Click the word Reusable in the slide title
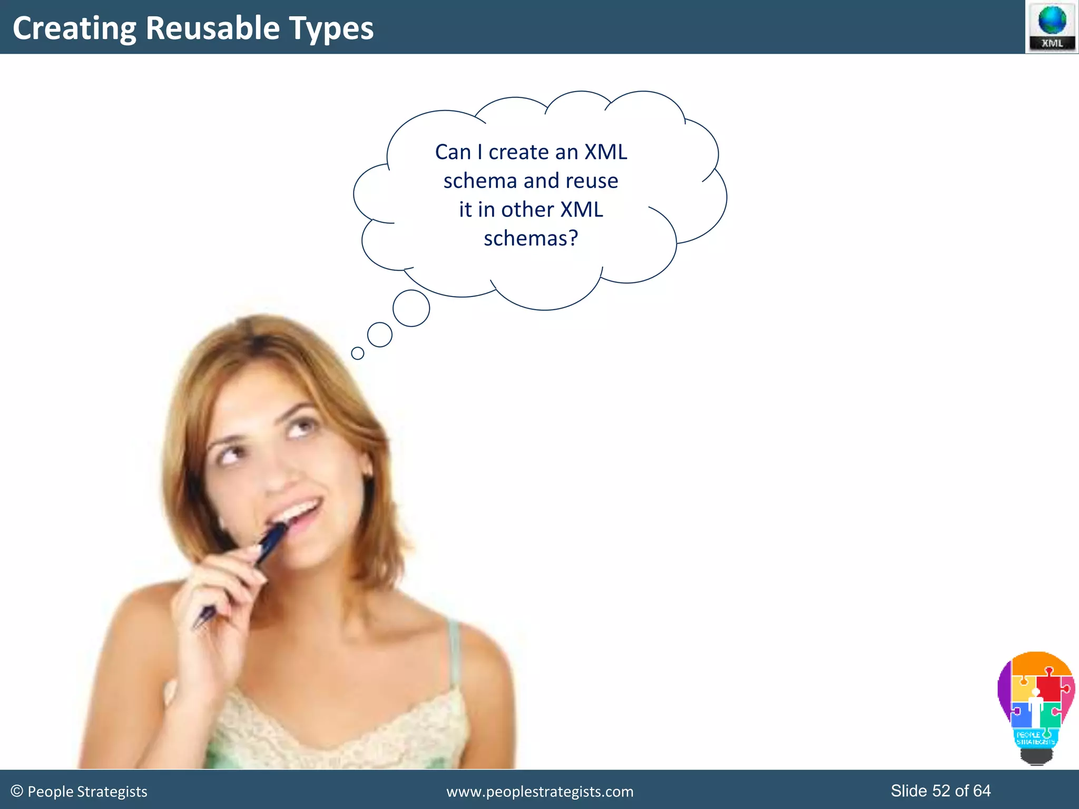click(x=212, y=28)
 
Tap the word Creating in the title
click(x=74, y=29)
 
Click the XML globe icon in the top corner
click(x=1052, y=26)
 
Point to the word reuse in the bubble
click(x=592, y=181)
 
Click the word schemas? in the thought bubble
click(x=531, y=238)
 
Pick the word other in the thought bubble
click(x=527, y=210)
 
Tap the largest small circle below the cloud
click(x=411, y=308)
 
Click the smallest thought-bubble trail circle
click(x=357, y=353)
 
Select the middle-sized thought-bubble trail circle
click(x=379, y=334)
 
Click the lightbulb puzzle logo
click(x=1036, y=706)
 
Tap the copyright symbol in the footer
click(x=17, y=791)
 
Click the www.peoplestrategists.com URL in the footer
click(x=539, y=792)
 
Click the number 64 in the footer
click(x=982, y=791)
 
